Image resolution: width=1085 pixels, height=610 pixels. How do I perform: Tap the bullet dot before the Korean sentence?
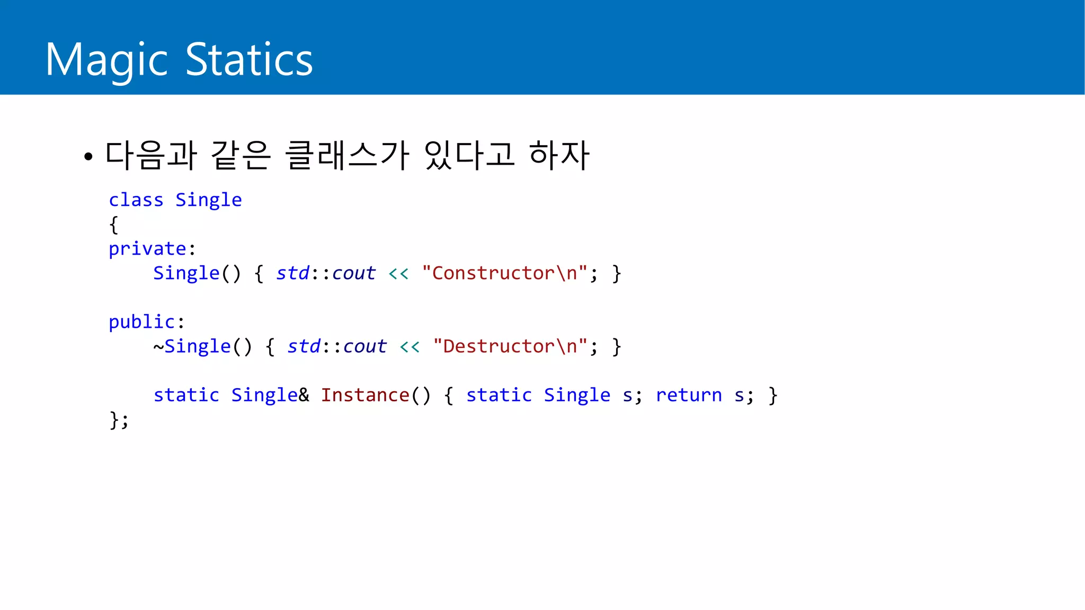(88, 156)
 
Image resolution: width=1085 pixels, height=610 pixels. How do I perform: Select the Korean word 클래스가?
(347, 155)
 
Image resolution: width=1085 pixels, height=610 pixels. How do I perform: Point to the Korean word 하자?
(559, 155)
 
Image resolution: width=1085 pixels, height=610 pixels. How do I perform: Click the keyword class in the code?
(136, 200)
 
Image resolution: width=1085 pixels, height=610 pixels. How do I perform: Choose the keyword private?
(147, 249)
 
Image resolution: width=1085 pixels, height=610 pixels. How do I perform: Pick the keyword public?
(141, 322)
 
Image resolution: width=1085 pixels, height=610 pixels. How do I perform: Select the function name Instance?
(365, 395)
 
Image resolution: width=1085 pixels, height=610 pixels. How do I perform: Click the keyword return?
(689, 395)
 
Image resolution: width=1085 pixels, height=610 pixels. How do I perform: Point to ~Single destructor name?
(192, 346)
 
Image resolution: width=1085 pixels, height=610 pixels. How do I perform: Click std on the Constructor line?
(292, 273)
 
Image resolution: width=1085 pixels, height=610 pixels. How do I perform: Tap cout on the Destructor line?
(364, 346)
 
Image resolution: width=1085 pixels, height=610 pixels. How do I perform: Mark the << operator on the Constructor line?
(398, 274)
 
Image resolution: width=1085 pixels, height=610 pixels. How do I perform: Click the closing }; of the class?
(119, 420)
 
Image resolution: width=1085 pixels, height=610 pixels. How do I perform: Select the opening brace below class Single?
(113, 225)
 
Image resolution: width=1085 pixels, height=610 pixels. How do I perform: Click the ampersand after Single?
(304, 395)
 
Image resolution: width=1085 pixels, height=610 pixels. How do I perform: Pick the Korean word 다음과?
(151, 155)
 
